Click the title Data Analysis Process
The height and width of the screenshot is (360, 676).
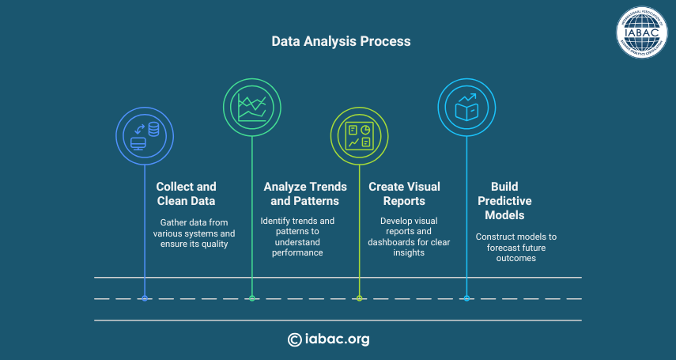tap(341, 41)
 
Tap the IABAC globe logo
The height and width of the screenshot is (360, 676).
tap(641, 32)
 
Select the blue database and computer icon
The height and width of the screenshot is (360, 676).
tap(145, 136)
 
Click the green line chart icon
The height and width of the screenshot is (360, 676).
tap(252, 107)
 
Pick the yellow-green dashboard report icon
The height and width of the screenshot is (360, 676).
tap(359, 136)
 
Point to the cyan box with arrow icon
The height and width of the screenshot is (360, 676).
tap(466, 107)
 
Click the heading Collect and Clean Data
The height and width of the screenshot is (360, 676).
tap(186, 194)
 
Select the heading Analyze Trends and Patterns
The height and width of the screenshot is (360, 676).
tap(305, 194)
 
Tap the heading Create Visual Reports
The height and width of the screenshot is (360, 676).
tap(404, 194)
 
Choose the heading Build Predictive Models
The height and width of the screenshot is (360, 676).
tap(504, 201)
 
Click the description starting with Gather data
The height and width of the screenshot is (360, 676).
tap(194, 233)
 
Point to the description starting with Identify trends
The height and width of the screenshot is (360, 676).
tap(297, 237)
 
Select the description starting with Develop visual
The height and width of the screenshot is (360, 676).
tap(409, 237)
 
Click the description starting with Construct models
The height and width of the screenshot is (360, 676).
tap(516, 248)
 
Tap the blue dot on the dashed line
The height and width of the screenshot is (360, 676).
tap(145, 298)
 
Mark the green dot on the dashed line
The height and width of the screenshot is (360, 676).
tap(252, 298)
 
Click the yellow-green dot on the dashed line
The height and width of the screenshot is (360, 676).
tap(359, 298)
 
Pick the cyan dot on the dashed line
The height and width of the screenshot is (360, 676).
tap(466, 298)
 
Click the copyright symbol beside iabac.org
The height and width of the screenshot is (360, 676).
tap(294, 339)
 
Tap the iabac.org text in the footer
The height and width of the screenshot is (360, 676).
tap(337, 339)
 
